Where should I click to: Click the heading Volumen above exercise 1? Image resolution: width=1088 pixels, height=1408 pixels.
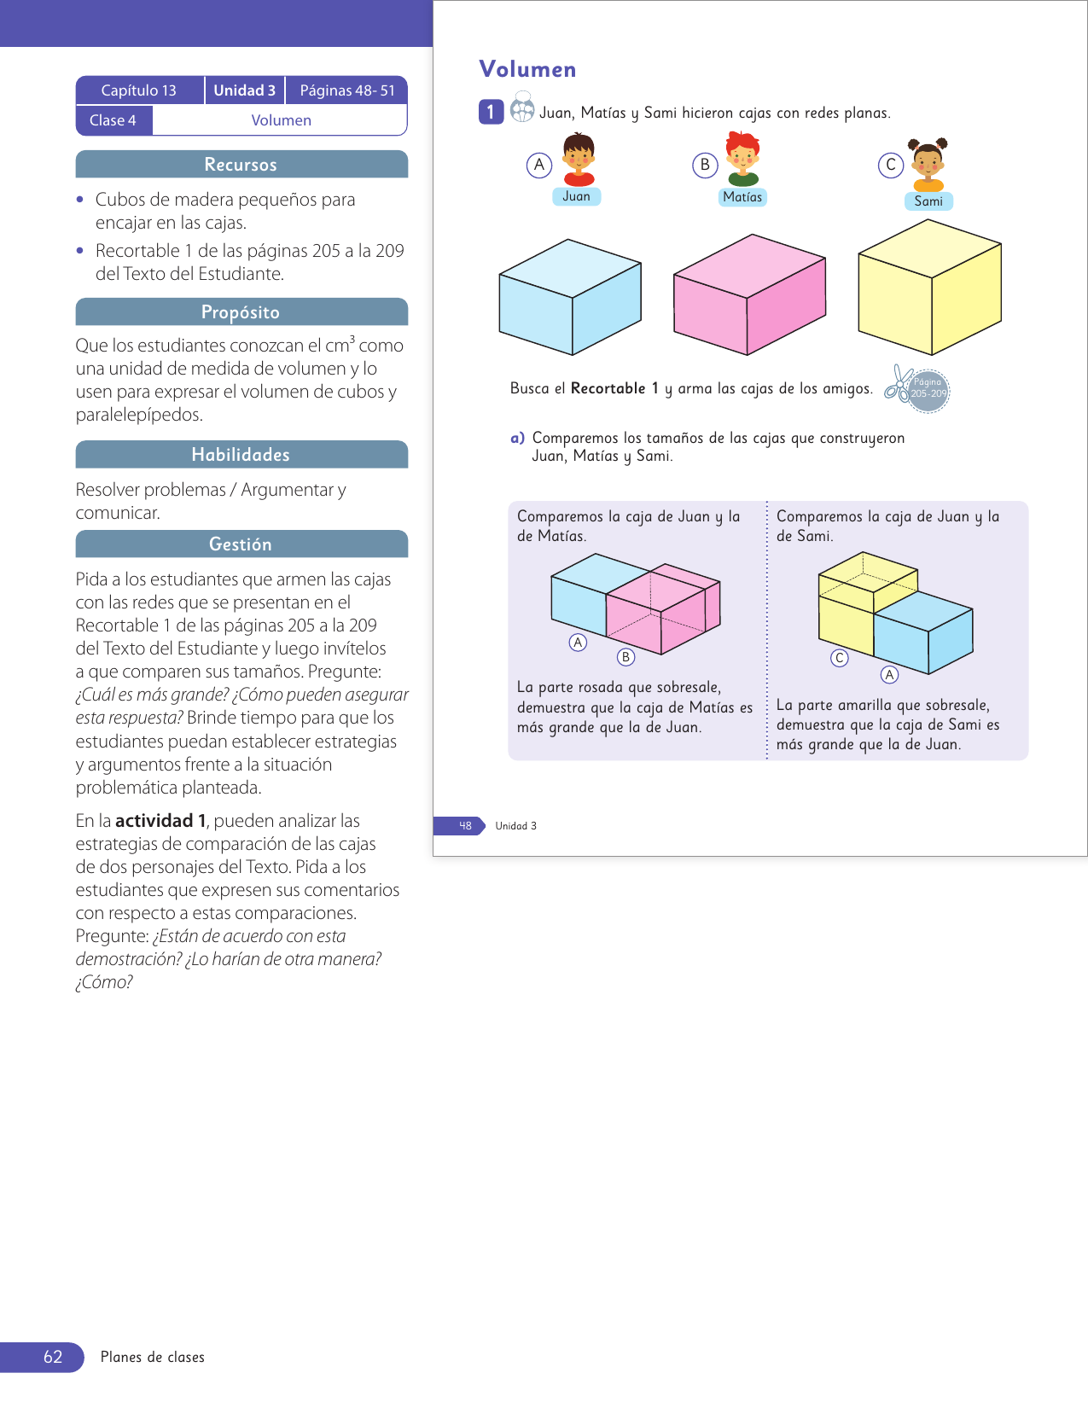527,69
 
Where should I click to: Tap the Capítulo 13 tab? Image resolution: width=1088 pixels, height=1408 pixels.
139,90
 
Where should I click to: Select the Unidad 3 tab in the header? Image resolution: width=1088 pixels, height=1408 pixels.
244,90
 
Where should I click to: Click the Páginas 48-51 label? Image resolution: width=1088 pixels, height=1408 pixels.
347,90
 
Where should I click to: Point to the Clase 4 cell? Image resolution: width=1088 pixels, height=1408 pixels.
113,120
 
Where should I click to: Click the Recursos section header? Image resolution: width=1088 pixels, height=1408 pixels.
241,165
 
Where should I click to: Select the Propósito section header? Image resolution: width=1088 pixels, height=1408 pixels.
241,312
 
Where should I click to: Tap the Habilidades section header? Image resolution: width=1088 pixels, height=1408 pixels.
241,455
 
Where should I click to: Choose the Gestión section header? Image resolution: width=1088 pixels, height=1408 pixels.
241,544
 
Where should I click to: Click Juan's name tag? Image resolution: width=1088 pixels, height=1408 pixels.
576,196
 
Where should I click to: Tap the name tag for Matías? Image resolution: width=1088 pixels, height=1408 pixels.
742,197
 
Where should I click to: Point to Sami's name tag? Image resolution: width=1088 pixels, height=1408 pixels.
928,201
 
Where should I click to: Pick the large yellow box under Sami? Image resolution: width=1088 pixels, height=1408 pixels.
929,288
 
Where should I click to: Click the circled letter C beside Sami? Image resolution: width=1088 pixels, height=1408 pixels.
890,165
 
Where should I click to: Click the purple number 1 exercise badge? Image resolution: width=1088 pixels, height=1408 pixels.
491,112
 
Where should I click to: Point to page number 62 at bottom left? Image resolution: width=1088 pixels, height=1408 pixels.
53,1357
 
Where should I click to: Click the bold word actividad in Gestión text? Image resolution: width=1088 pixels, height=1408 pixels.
154,821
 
